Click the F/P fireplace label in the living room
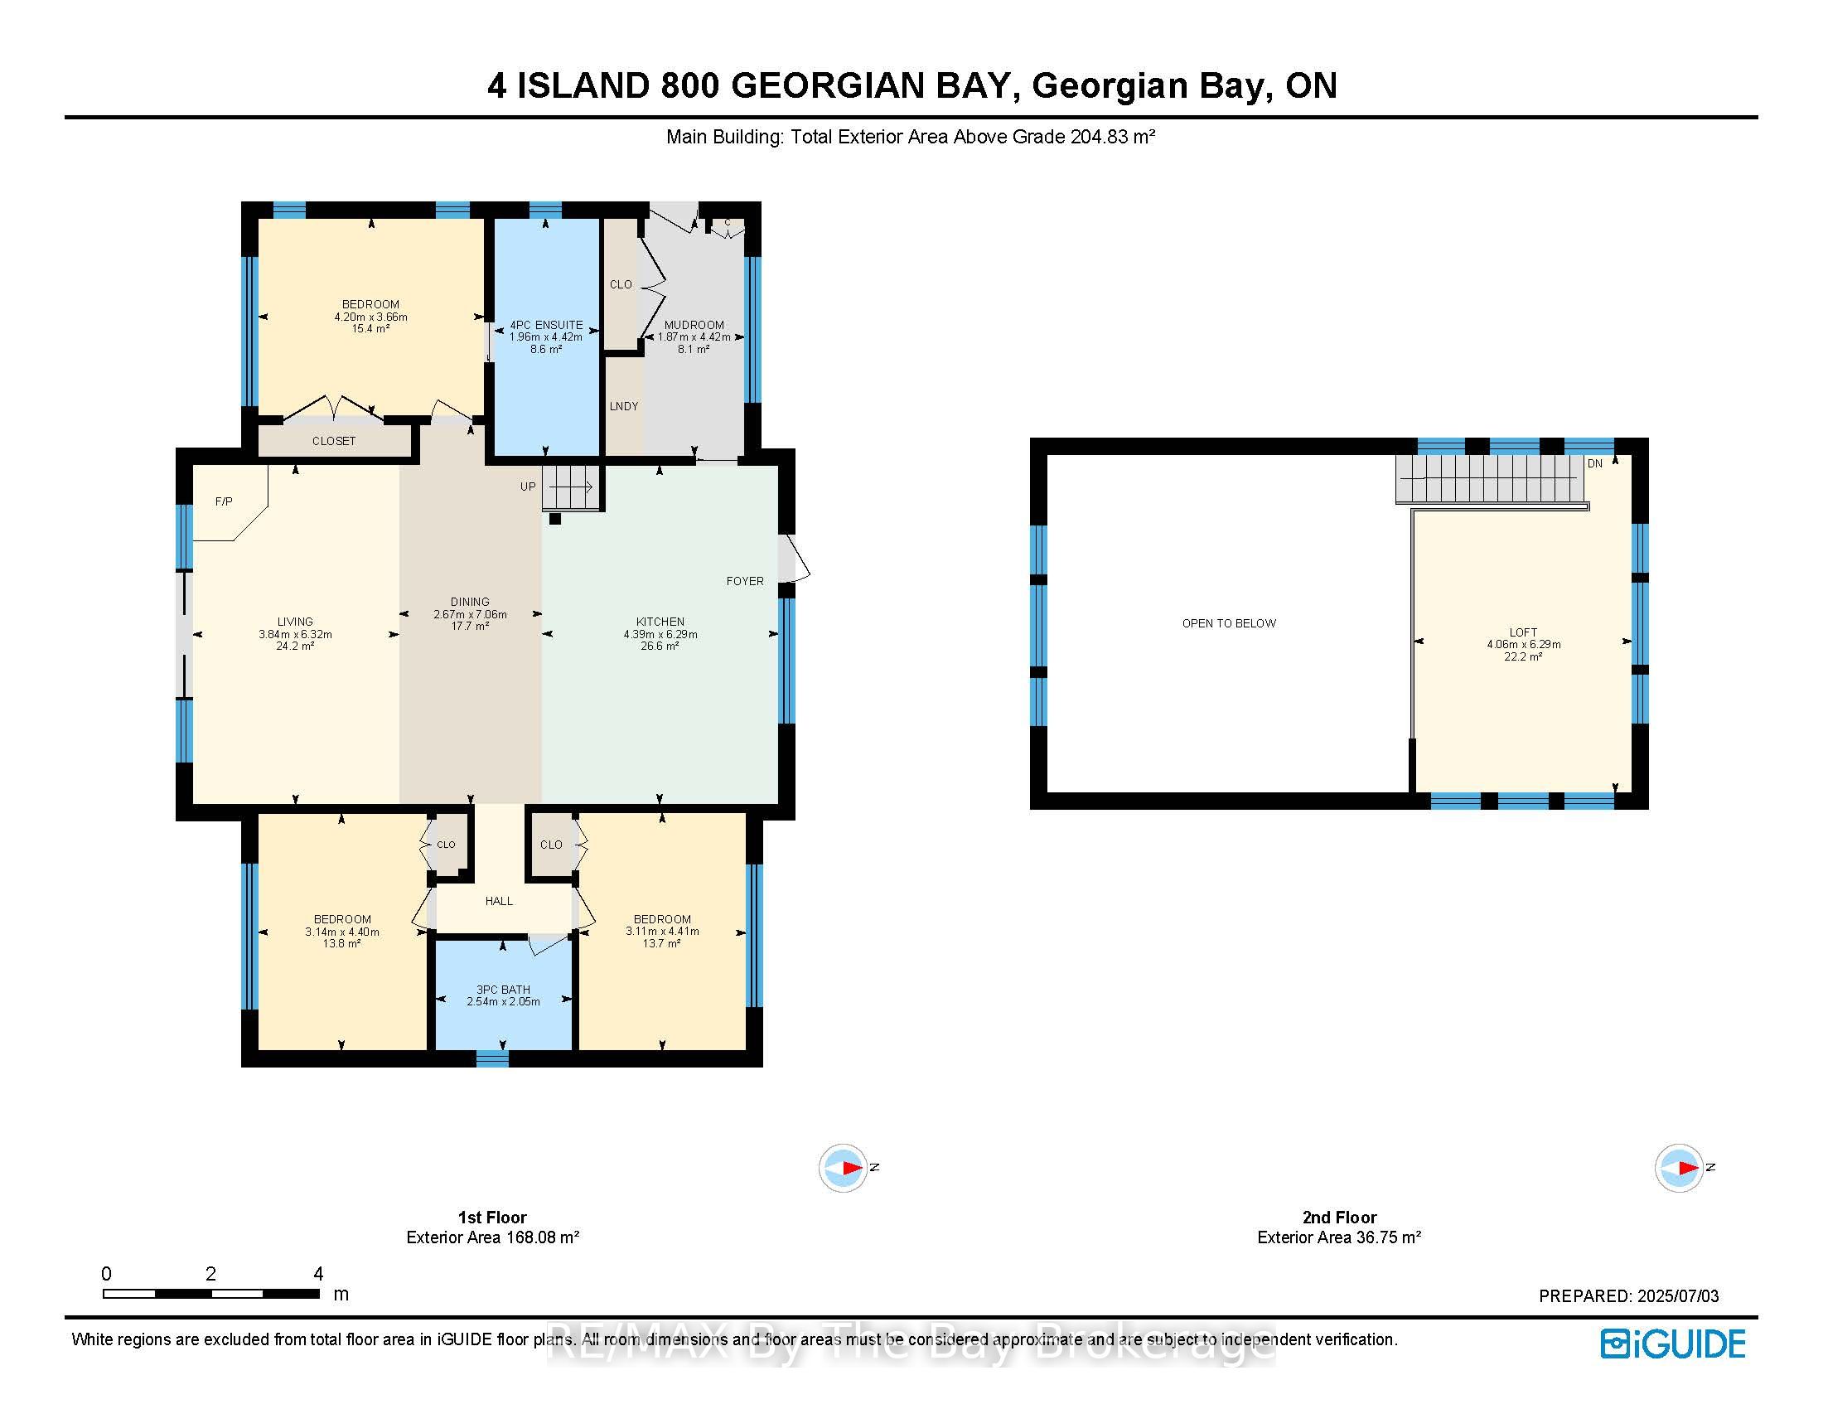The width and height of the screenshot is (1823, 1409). pos(224,501)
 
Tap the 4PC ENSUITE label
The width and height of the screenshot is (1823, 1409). pos(546,325)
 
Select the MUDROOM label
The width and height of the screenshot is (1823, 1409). pos(694,325)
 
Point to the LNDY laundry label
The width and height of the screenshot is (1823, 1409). pos(623,406)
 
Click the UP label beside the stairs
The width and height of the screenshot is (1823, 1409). pos(529,487)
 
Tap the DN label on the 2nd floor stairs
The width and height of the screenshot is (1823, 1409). pos(1595,463)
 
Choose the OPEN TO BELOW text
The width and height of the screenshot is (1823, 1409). pos(1229,623)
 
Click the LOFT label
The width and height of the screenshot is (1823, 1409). pos(1523,632)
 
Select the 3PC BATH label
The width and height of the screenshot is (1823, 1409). pos(503,989)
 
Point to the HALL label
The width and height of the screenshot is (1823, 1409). pos(499,901)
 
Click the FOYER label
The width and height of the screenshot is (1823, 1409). pos(745,581)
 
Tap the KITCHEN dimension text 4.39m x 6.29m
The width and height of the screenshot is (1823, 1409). pos(660,634)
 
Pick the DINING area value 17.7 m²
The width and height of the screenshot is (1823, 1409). pos(470,626)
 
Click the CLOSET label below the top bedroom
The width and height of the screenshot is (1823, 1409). pos(334,441)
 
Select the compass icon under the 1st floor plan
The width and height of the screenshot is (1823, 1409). pos(843,1168)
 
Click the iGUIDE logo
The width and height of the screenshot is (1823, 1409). pos(1673,1344)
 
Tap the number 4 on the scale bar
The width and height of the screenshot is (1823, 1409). pos(318,1274)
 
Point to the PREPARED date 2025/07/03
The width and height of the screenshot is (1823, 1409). pos(1678,1296)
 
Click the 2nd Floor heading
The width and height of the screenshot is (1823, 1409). pos(1340,1217)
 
